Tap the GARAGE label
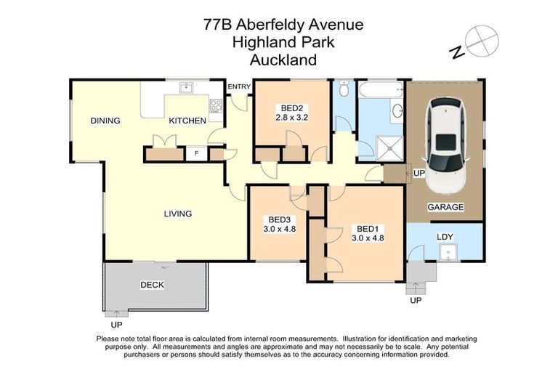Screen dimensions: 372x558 pos(445,207)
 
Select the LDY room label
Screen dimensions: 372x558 pos(445,237)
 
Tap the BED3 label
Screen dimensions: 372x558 pos(280,220)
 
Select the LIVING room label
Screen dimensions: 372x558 pos(177,214)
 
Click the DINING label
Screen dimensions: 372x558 pos(105,121)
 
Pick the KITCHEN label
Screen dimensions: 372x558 pos(187,121)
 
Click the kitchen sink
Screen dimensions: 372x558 pos(186,89)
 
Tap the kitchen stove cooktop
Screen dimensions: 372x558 pos(216,106)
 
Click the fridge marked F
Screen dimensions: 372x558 pos(195,154)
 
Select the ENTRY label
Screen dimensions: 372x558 pos(239,87)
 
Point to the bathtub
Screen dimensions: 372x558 pos(380,90)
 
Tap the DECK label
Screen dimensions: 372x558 pos(153,285)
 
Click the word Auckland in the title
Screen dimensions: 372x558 pos(283,60)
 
